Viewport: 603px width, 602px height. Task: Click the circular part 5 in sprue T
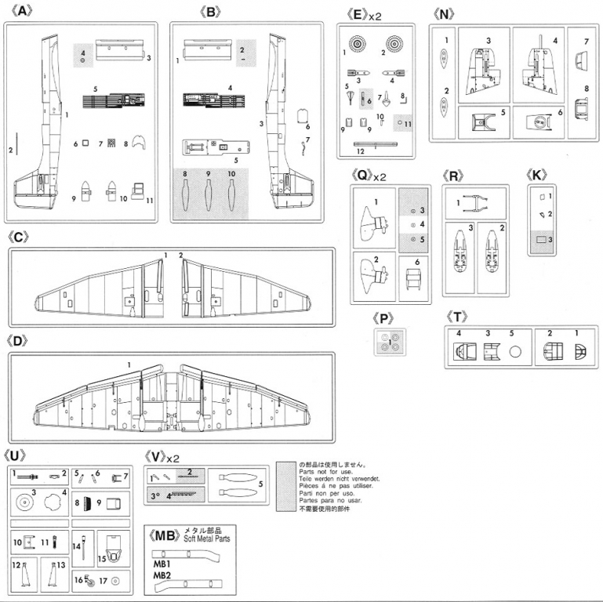pyautogui.click(x=515, y=353)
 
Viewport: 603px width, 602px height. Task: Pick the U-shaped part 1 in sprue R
pyautogui.click(x=476, y=202)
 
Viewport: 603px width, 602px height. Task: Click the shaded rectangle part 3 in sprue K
pyautogui.click(x=542, y=239)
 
